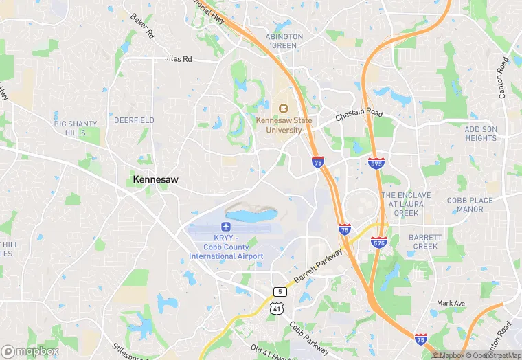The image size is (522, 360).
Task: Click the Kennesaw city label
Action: (155, 179)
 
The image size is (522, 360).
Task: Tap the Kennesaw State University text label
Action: (279, 125)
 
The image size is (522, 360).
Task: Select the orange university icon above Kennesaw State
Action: (283, 107)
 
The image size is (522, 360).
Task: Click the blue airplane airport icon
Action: (226, 227)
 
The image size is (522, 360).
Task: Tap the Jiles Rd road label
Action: (179, 59)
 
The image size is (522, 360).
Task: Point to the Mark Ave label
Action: (451, 303)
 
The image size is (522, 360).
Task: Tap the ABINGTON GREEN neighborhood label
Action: (284, 41)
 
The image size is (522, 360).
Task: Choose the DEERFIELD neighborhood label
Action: (134, 120)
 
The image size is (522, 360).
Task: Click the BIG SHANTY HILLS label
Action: (76, 128)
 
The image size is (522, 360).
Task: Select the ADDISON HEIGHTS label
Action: (481, 133)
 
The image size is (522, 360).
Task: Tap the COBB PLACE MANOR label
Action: (470, 205)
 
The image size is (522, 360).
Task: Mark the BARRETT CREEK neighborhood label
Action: (424, 241)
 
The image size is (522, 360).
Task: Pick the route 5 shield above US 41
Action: (278, 292)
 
